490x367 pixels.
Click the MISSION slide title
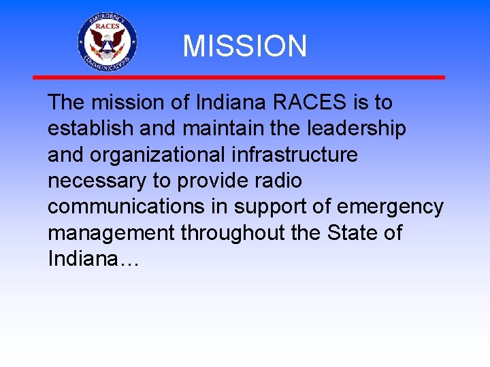coord(244,46)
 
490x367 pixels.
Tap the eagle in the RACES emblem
coord(107,43)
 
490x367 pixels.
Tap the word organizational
coord(157,155)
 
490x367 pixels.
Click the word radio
coord(278,181)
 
